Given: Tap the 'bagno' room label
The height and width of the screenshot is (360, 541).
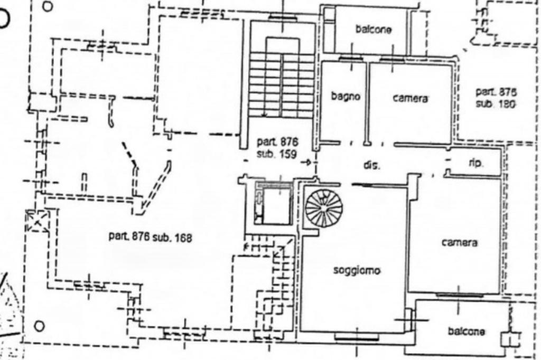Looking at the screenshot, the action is (x=346, y=97).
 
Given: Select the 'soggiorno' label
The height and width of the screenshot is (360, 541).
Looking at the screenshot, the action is (x=357, y=271).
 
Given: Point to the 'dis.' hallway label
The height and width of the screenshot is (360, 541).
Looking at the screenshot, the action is (x=372, y=165).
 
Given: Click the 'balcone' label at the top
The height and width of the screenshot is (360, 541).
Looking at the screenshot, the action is (x=374, y=30).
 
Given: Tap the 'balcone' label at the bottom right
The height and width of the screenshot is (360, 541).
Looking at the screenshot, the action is (x=467, y=331).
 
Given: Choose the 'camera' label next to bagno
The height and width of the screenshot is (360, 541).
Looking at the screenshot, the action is (x=410, y=98).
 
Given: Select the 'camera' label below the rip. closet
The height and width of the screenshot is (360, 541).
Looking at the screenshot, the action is (x=460, y=242).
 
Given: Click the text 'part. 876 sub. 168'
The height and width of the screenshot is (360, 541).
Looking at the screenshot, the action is (x=150, y=237).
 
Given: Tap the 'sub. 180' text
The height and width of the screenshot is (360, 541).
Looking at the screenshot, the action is (x=495, y=104).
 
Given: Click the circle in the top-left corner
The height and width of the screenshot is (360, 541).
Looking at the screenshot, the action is (x=48, y=7).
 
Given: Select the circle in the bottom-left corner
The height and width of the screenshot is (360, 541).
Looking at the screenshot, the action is (x=39, y=325).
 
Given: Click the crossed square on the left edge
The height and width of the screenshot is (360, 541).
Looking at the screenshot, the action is (x=38, y=221).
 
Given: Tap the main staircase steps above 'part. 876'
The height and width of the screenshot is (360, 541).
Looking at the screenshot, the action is (x=282, y=84).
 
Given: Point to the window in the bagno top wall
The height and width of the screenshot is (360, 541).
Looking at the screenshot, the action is (x=350, y=59).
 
